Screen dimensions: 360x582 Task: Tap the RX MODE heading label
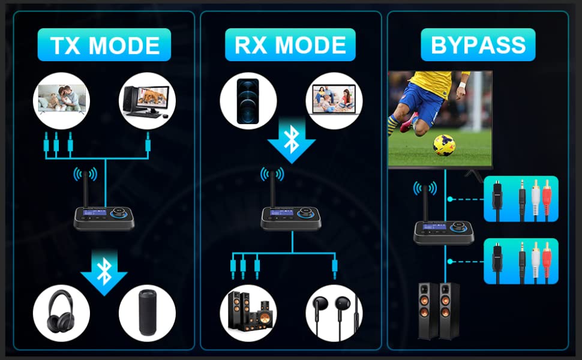tap(290, 45)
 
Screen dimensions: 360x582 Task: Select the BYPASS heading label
tap(478, 45)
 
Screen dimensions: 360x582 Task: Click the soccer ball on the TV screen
tap(444, 145)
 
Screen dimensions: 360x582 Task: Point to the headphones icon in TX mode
tap(61, 312)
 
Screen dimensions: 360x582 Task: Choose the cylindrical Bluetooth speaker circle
tap(146, 312)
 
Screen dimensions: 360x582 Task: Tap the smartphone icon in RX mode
tap(248, 101)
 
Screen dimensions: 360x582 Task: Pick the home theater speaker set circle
tap(248, 312)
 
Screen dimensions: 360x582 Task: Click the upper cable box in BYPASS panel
tap(521, 199)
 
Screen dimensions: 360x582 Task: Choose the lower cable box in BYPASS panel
tap(521, 261)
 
